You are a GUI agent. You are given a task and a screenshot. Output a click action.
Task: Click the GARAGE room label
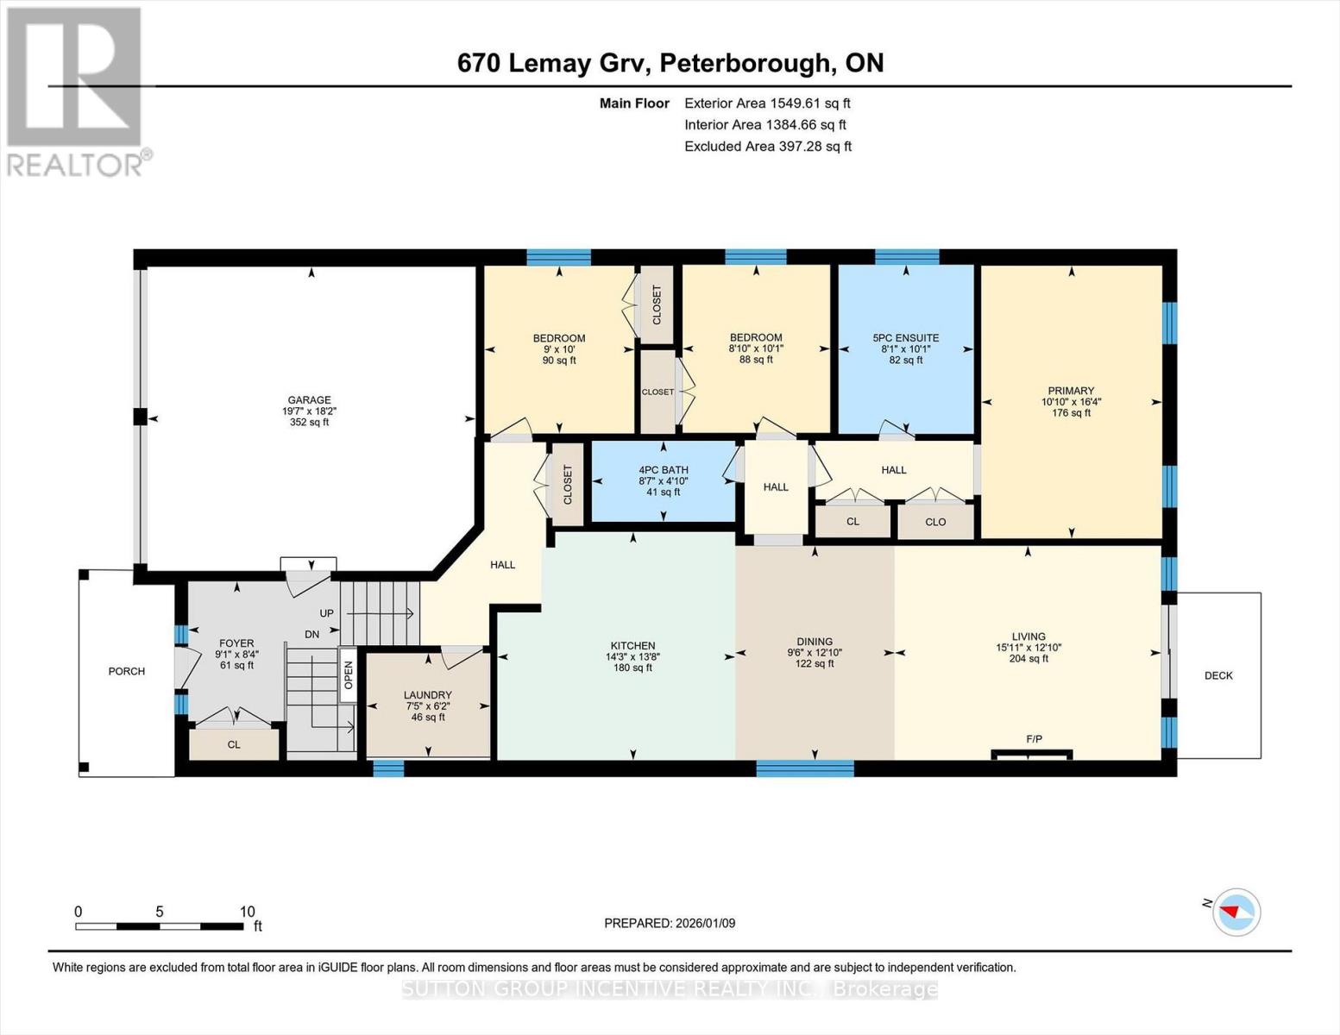click(x=309, y=400)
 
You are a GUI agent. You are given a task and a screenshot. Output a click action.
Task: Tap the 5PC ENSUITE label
click(x=906, y=338)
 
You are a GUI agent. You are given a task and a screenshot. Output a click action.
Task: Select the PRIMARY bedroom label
click(x=1071, y=391)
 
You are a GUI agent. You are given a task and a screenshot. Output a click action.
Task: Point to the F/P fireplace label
click(x=1034, y=739)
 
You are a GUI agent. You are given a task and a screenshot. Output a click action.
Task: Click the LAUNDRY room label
click(x=427, y=695)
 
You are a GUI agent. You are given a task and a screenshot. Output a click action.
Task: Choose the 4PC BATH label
click(x=663, y=470)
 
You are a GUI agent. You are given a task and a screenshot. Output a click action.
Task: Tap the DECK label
click(x=1218, y=675)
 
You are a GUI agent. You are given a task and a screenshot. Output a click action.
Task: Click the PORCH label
click(x=126, y=671)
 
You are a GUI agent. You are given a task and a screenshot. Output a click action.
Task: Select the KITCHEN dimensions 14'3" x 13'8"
click(x=632, y=656)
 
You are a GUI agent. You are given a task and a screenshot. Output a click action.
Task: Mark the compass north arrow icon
click(x=1236, y=912)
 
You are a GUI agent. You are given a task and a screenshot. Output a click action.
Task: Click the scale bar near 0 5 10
click(x=160, y=926)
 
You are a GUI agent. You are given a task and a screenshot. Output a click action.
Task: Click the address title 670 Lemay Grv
click(x=670, y=63)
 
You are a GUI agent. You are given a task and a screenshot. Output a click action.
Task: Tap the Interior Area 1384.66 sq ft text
click(x=765, y=124)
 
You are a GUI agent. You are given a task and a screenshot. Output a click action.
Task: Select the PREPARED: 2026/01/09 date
click(x=670, y=923)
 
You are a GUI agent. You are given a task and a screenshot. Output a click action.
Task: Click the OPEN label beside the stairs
click(x=349, y=674)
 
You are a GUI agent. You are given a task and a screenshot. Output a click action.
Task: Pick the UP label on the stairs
click(x=326, y=613)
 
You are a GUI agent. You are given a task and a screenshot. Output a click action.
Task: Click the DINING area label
click(x=814, y=642)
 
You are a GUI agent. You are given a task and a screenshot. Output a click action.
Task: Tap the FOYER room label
click(x=236, y=643)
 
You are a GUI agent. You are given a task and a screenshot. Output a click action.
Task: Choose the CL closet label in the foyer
click(x=234, y=744)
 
